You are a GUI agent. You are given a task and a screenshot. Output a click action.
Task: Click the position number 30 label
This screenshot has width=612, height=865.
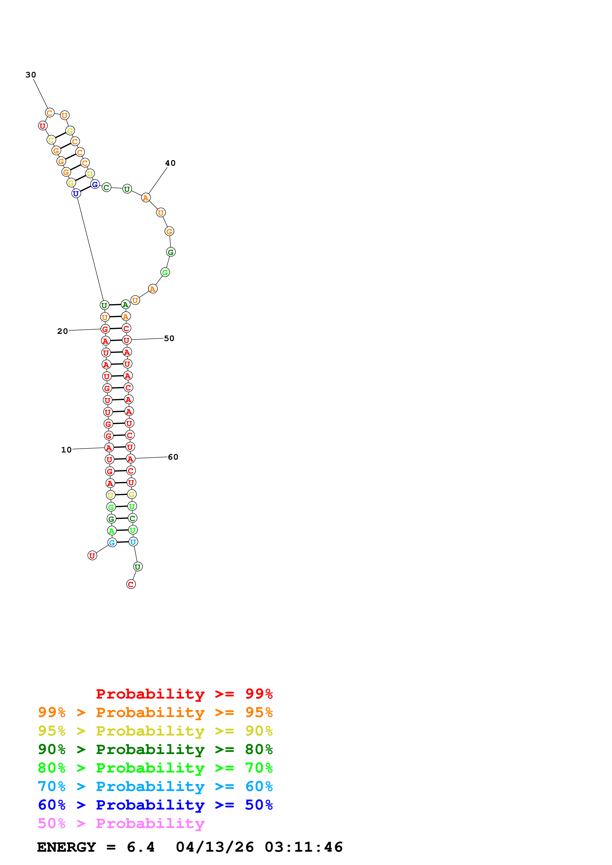coord(31,75)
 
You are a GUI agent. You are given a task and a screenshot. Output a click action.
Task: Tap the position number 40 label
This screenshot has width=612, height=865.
coord(170,163)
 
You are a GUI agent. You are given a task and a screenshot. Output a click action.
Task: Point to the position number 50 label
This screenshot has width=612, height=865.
coord(169,338)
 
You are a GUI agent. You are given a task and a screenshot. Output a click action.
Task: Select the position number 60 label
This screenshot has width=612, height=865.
coord(173,457)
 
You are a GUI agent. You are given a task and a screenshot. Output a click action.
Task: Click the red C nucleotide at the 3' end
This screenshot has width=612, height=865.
coord(131,584)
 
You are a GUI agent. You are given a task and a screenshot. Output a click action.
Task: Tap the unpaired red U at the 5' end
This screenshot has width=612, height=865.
coord(92,555)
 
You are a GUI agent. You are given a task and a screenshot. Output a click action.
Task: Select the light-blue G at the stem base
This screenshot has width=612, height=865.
coord(112,542)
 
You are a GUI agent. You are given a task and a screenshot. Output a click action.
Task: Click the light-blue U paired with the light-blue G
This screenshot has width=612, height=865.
coord(133,542)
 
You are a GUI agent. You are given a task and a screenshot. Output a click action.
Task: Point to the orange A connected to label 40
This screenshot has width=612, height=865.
coord(146,198)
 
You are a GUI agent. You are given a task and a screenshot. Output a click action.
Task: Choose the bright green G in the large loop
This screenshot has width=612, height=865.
coord(165,272)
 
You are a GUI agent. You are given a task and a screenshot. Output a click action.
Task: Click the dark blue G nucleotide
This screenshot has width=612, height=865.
coord(95,184)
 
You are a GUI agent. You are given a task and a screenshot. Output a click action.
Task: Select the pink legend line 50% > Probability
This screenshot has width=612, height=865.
coord(121,824)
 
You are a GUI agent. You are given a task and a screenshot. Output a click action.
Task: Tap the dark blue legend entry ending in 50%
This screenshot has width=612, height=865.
coord(155,805)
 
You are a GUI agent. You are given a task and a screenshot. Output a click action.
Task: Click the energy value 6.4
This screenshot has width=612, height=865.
coord(141,847)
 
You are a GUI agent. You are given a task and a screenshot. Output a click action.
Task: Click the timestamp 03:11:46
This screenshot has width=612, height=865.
coord(304,847)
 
